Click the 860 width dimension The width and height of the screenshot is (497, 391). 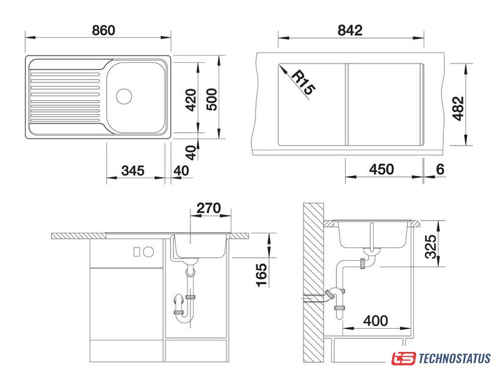coord(103,31)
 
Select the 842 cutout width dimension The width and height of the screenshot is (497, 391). coord(350,31)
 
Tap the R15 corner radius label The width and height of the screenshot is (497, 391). coord(303,82)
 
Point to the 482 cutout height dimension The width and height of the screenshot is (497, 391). coord(458,109)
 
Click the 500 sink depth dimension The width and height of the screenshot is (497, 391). coord(212,100)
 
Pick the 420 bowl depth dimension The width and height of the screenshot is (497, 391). coord(191,100)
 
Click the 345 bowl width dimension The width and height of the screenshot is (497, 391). coord(133,170)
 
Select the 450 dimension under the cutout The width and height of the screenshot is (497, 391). coord(382,169)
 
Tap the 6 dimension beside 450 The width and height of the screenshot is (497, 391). coord(440,169)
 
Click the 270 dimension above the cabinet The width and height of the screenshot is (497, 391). coord(209,208)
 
